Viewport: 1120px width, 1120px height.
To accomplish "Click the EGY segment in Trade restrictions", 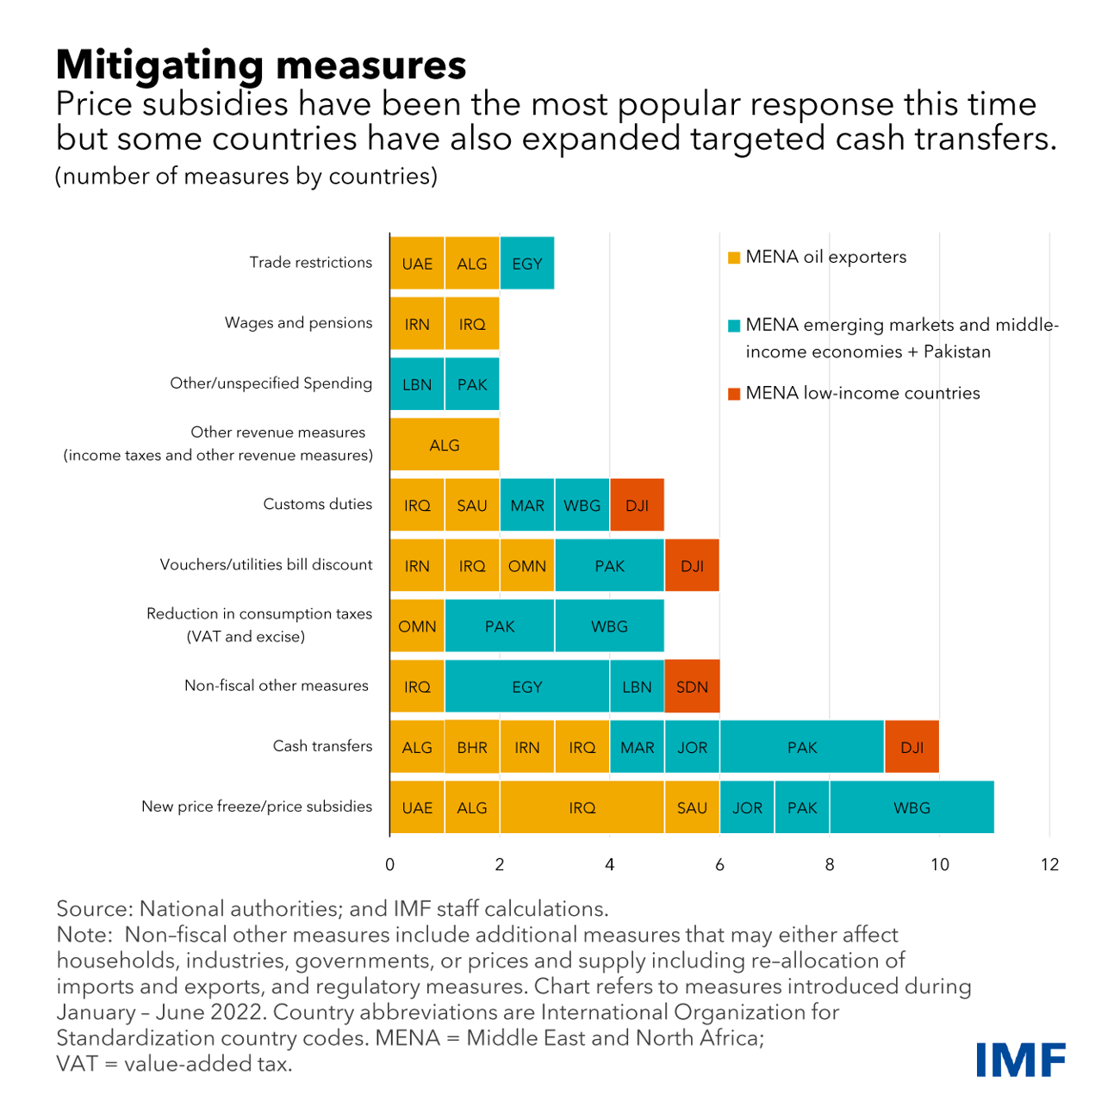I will [526, 264].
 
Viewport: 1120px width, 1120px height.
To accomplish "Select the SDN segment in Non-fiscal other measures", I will [692, 687].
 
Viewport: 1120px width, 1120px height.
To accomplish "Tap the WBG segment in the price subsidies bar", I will [912, 808].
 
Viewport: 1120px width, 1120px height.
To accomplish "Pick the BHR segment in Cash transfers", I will [472, 747].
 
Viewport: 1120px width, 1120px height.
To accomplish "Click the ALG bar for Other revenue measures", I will [445, 445].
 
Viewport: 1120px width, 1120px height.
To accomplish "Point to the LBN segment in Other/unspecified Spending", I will [417, 384].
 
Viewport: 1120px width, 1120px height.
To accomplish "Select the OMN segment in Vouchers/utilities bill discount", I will [527, 566].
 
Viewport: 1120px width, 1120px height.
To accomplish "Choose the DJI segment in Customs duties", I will [637, 506].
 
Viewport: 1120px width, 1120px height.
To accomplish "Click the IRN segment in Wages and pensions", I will [417, 324].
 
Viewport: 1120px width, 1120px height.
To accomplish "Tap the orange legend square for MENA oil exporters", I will [734, 258].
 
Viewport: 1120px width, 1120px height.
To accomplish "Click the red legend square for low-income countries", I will [734, 394].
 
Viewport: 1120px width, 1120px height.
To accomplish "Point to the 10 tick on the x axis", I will [939, 864].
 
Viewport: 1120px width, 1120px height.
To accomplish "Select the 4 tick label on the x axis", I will [610, 864].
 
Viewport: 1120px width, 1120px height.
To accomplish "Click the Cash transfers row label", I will [322, 746].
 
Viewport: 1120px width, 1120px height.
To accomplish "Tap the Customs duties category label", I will [317, 504].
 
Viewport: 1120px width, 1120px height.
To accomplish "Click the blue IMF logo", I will [1021, 1060].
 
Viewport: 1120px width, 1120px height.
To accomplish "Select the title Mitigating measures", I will [261, 65].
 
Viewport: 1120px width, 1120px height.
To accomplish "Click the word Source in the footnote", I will [92, 909].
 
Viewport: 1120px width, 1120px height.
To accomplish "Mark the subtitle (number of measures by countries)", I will [246, 177].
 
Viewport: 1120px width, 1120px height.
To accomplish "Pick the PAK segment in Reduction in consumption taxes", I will [500, 626].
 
